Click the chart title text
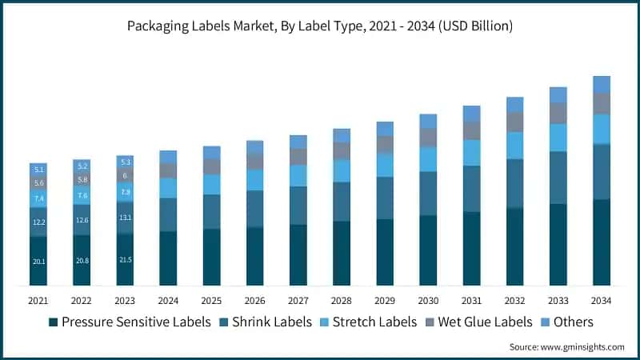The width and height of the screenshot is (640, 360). point(320,26)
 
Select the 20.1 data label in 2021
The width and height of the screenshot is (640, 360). point(38,262)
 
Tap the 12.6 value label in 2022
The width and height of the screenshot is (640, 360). point(82,221)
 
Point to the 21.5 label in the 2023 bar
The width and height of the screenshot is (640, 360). point(125,261)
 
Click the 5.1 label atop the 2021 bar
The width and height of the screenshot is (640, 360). point(38,169)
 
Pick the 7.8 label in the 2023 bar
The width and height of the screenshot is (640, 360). point(125,192)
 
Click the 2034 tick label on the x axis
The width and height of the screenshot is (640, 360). point(601,300)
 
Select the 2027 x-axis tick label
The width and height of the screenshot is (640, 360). point(298,300)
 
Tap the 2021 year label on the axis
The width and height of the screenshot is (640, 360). point(38,300)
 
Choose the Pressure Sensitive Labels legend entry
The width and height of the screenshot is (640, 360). point(130,322)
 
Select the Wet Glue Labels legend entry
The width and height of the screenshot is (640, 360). point(481,322)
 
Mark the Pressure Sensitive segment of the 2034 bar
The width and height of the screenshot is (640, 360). point(601,242)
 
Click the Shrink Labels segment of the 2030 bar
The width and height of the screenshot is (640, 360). point(428,194)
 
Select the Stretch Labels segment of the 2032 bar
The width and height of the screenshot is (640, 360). point(514,146)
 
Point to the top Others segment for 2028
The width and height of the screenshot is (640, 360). point(342,135)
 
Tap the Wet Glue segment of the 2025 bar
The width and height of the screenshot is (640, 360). point(211,166)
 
